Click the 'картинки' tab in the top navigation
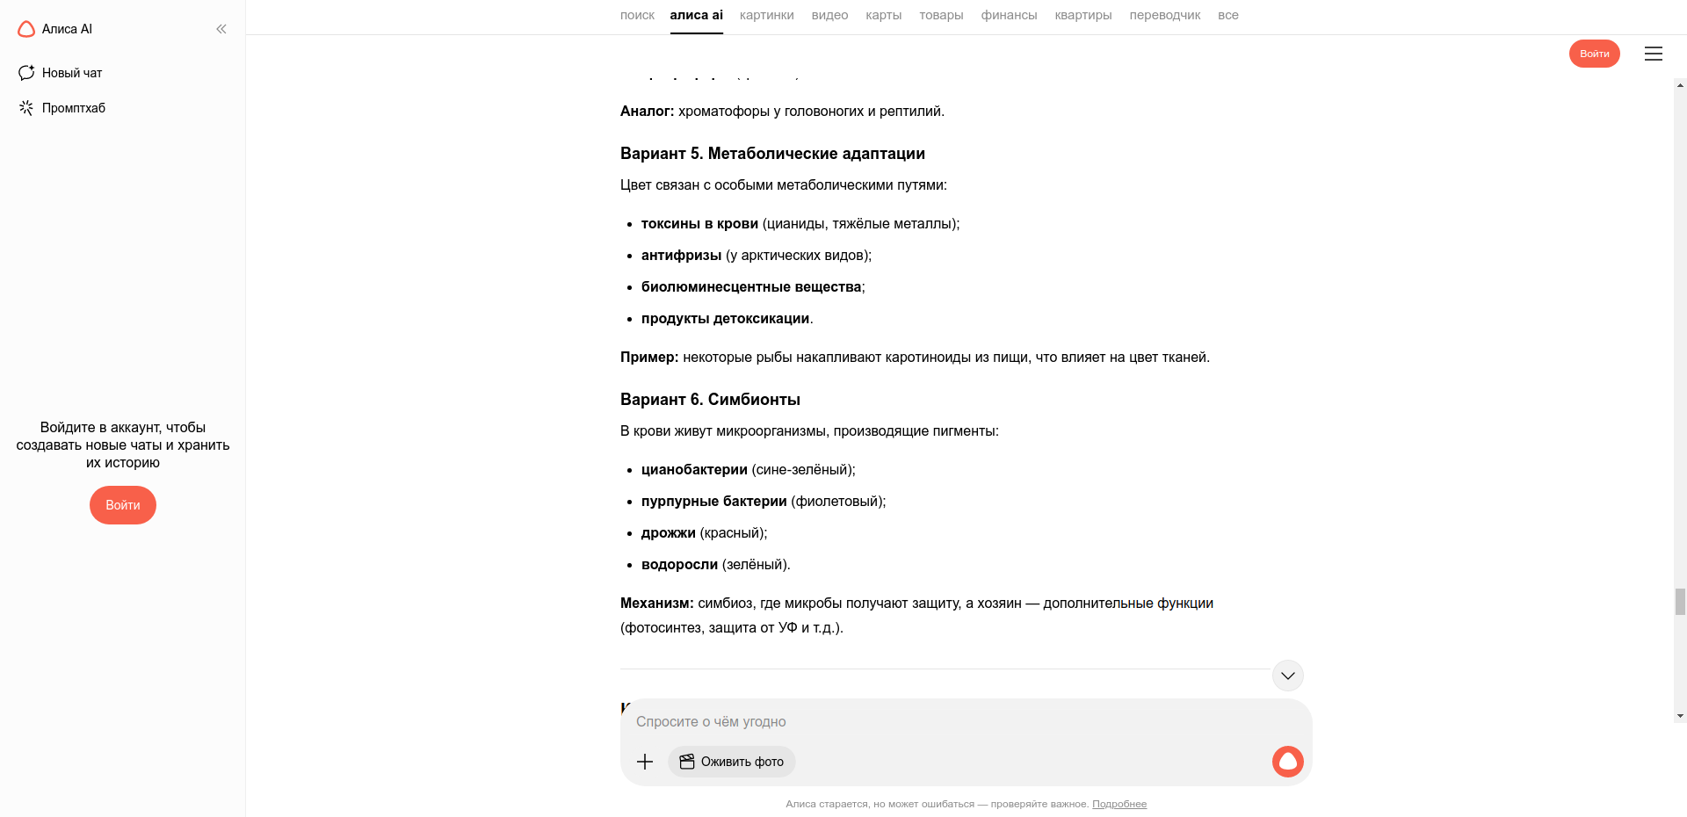click(766, 15)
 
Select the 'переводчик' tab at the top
click(1164, 15)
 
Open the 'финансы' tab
click(1009, 15)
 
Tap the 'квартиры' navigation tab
click(1082, 15)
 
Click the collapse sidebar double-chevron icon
click(221, 29)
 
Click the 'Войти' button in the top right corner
click(1594, 54)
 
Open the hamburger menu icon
click(1653, 54)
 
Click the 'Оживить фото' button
click(732, 762)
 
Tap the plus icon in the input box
click(645, 762)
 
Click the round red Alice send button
click(1287, 762)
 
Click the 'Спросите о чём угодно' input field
click(879, 722)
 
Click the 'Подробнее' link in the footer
click(1119, 804)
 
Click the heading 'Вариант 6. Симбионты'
click(710, 400)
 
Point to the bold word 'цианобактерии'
click(694, 470)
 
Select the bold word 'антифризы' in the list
click(681, 256)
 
